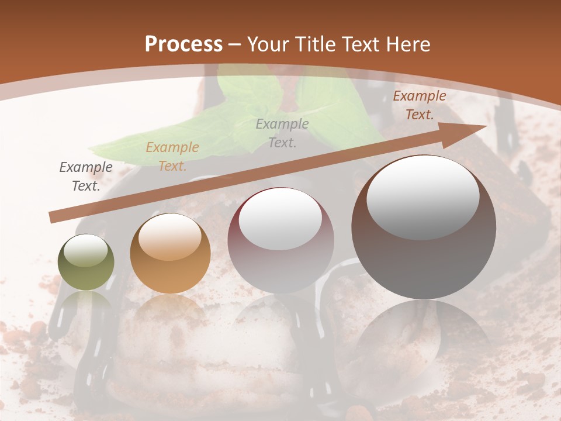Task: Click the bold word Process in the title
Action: (x=183, y=44)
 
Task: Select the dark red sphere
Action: (x=280, y=241)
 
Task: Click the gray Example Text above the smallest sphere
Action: (x=86, y=177)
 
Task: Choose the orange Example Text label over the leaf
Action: (x=172, y=157)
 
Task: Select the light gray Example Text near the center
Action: (x=282, y=133)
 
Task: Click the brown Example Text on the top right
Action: (x=419, y=105)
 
